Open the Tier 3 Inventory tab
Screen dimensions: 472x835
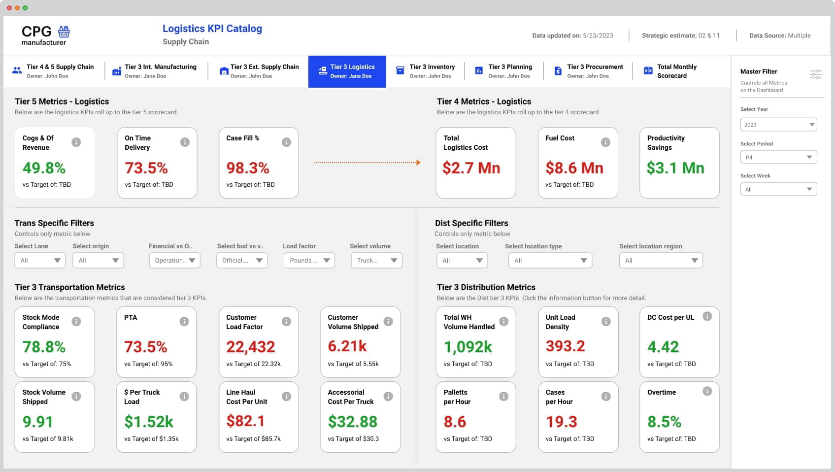point(425,71)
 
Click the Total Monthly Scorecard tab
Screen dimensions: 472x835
point(670,71)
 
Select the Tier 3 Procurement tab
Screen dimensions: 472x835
point(588,71)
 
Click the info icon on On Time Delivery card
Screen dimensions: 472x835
point(185,142)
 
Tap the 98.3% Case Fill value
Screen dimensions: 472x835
point(248,168)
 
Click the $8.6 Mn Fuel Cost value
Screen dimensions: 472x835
point(574,168)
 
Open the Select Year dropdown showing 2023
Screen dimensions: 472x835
point(778,125)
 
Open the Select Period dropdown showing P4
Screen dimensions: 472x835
point(778,157)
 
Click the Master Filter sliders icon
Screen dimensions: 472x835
point(815,74)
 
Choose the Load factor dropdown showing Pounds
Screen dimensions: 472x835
point(309,260)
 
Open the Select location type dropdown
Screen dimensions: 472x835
point(550,260)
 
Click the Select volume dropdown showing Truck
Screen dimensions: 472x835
point(376,260)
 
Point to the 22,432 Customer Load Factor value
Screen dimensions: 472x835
point(251,347)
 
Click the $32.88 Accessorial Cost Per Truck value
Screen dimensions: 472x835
point(353,422)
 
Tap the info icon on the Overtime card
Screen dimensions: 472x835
point(707,391)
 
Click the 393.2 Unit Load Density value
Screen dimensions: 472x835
point(565,346)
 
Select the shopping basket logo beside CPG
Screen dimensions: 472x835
point(64,32)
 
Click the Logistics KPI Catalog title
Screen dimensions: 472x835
point(212,29)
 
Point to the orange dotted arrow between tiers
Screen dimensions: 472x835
point(367,162)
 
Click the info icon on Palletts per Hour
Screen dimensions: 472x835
point(503,396)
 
